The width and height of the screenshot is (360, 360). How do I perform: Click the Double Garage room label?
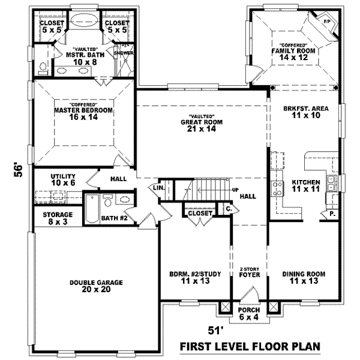(x=95, y=285)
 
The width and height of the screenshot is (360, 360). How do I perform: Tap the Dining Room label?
(x=304, y=278)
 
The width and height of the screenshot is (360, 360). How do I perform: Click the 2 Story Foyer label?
(x=248, y=273)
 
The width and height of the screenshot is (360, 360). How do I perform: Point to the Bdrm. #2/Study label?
(x=190, y=278)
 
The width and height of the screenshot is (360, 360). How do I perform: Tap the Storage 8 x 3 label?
(x=58, y=218)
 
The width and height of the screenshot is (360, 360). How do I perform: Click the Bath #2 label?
(x=114, y=218)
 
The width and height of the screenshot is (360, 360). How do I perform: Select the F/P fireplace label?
(x=328, y=22)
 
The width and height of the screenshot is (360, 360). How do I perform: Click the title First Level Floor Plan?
(x=251, y=347)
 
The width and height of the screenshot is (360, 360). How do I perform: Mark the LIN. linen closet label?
(x=158, y=188)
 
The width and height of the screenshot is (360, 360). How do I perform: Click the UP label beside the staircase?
(x=236, y=190)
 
